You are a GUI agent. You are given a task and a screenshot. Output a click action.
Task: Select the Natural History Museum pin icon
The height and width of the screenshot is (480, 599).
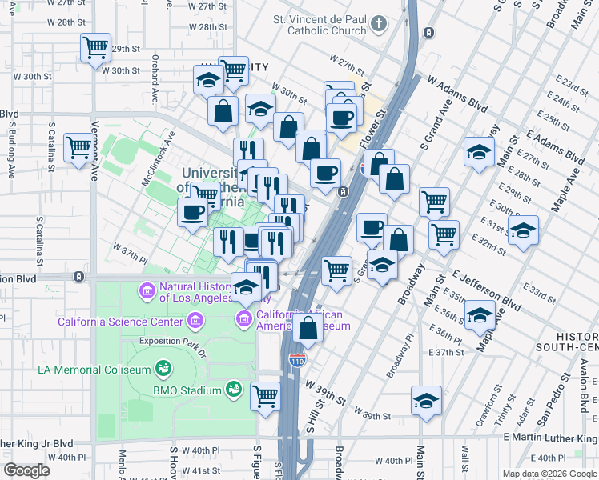point(147,289)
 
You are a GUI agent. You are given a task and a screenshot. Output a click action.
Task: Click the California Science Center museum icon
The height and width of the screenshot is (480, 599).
point(194,322)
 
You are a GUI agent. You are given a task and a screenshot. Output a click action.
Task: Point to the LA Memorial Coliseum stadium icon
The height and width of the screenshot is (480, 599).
point(164,369)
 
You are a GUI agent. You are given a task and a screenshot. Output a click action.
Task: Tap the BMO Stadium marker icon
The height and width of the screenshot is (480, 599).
point(234,390)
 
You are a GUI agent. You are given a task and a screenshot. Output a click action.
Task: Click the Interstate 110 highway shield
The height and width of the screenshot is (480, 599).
point(298,361)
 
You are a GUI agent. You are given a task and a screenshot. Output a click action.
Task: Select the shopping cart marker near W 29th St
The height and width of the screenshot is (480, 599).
point(95,48)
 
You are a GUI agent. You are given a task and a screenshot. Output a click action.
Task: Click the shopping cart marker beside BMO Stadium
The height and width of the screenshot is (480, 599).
point(265,395)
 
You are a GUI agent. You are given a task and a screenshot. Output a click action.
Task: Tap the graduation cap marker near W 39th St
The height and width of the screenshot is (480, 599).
point(426,401)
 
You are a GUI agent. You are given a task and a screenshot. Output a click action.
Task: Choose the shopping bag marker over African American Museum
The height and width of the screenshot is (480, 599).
point(308,327)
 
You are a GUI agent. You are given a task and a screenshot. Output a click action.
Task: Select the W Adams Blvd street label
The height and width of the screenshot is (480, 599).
point(458,93)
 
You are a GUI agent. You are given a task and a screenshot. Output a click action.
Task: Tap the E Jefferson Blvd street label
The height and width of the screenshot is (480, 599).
point(487,289)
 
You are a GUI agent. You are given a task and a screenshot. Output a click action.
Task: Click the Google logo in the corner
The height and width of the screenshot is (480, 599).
point(26,470)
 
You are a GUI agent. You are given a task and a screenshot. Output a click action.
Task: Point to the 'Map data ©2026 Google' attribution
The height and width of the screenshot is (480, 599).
point(549,474)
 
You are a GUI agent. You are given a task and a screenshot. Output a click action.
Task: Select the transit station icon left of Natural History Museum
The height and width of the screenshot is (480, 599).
point(78,277)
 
